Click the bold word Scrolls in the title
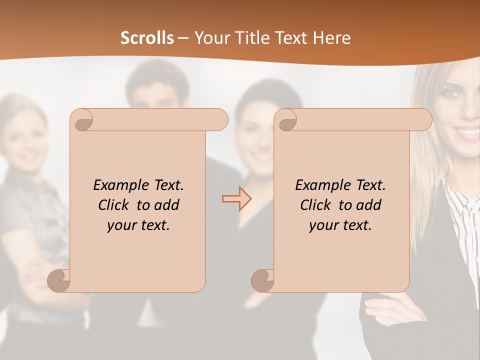147,38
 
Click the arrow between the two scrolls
237,199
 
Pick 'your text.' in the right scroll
340,225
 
